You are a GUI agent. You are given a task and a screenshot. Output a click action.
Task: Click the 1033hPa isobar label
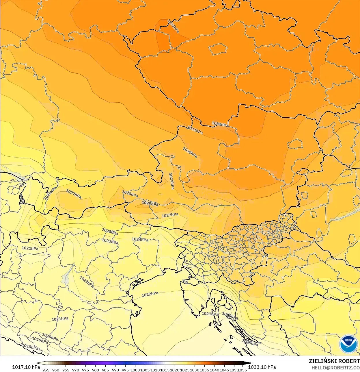click(174, 26)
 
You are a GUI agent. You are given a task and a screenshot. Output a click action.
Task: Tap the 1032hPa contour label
click(220, 124)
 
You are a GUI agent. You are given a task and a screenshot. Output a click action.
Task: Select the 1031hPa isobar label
click(195, 130)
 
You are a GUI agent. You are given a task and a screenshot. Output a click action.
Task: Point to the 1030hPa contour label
click(190, 152)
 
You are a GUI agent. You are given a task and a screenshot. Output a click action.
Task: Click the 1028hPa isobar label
click(130, 194)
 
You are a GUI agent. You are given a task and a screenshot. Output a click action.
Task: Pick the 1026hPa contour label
click(50, 193)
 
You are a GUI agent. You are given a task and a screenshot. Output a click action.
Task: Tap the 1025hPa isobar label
click(110, 232)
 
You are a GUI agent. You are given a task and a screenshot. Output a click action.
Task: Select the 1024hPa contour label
click(140, 239)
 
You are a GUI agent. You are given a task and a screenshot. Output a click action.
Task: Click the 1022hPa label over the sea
click(150, 294)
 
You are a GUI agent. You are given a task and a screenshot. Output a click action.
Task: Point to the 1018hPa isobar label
click(30, 347)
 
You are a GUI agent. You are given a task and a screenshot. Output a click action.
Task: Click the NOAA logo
click(348, 344)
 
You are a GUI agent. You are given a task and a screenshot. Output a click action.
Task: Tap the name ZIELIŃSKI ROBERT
click(334, 361)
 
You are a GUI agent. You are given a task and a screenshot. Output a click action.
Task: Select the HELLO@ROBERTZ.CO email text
click(335, 368)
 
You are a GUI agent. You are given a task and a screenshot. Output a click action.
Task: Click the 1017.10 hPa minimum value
click(26, 367)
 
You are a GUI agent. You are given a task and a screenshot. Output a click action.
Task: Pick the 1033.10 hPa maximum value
click(262, 367)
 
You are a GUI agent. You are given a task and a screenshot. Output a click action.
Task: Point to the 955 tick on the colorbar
click(46, 370)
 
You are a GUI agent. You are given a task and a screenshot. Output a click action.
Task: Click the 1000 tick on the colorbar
click(135, 370)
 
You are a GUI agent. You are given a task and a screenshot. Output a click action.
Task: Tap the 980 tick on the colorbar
click(96, 370)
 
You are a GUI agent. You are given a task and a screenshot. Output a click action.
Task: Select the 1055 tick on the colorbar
click(242, 370)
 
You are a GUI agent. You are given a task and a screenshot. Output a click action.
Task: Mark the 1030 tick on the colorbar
click(195, 370)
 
